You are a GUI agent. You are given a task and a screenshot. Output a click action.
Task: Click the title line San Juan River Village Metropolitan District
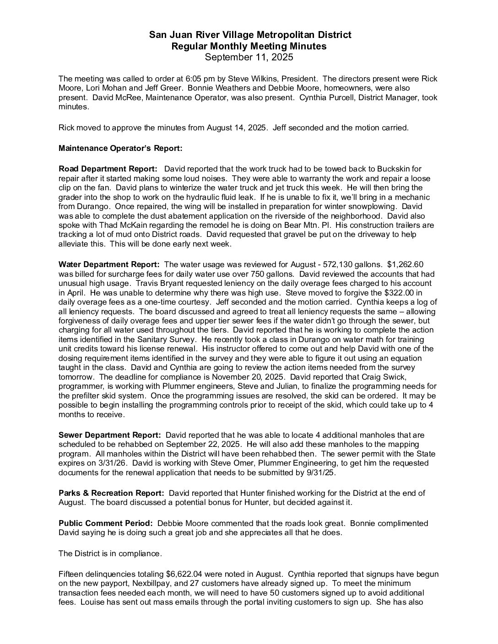pyautogui.click(x=250, y=35)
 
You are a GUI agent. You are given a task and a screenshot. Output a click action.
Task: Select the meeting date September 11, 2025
pyautogui.click(x=249, y=57)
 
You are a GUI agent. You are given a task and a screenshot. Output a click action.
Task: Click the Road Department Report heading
pyautogui.click(x=108, y=169)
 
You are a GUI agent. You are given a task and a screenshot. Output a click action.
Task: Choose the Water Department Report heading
pyautogui.click(x=109, y=264)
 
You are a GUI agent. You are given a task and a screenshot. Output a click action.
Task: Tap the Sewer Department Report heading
pyautogui.click(x=110, y=435)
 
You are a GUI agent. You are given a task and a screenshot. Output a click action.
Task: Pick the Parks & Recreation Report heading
pyautogui.click(x=111, y=493)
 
